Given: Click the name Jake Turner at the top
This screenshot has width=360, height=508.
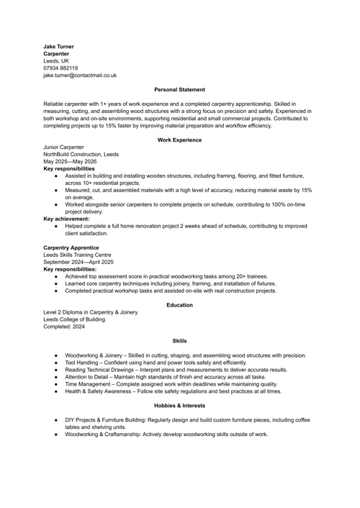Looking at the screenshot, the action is coord(58,46).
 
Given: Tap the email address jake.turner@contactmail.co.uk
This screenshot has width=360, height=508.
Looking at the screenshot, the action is coord(80,75).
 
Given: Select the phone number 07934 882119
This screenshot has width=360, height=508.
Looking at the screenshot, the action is coord(60,68).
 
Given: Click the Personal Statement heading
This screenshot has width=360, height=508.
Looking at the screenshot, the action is coord(179,89).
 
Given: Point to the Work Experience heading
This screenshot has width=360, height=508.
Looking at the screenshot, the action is coord(179,140).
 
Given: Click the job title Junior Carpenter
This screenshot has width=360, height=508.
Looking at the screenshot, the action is coord(63,147).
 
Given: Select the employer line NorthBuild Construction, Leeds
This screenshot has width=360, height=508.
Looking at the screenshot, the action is coord(81,154).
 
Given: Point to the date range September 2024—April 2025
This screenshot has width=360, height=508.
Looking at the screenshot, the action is coord(78,262).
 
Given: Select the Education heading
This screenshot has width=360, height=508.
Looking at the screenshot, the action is coord(179,305).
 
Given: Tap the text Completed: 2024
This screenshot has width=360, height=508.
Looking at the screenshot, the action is coord(64,327).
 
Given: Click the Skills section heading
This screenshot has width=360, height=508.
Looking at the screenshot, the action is coord(179,341).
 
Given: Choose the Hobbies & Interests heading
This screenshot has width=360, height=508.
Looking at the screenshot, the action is coord(179,406).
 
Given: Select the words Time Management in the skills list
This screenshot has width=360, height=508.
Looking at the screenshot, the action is coord(88,384).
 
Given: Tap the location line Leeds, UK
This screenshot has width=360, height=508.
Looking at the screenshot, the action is coord(55,60).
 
